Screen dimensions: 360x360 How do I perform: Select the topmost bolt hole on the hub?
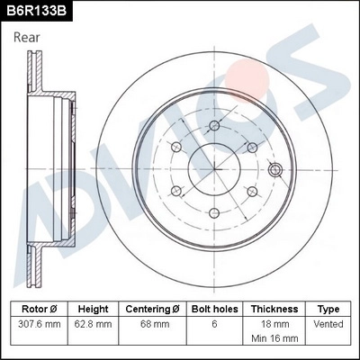click(x=214, y=125)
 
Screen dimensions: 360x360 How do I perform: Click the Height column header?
click(x=93, y=309)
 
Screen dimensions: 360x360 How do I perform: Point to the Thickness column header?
click(x=274, y=309)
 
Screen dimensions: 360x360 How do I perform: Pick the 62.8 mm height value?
click(x=93, y=323)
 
